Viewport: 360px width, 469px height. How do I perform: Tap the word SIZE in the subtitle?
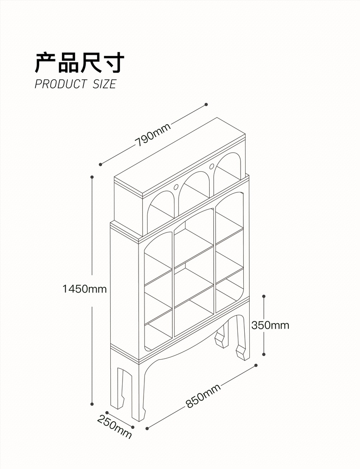pos(104,84)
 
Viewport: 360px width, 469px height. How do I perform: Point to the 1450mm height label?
pos(85,289)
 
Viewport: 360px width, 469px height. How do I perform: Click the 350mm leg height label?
pos(270,325)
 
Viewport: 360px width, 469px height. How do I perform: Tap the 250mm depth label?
pos(114,427)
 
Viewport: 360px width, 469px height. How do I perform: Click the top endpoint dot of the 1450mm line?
pos(92,176)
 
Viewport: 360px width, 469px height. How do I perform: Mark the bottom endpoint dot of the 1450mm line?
pos(93,404)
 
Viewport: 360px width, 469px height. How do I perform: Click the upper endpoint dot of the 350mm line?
pos(264,296)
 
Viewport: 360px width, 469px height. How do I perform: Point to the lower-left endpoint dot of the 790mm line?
pos(100,164)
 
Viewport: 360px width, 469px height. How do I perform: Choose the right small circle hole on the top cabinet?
pos(212,166)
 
